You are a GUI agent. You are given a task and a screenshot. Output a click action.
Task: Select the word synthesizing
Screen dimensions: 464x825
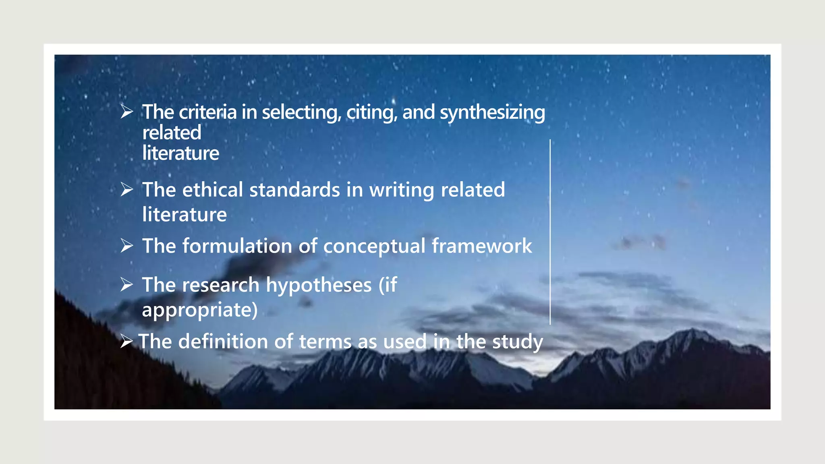[492, 113]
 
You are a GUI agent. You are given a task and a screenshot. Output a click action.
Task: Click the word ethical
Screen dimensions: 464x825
[212, 190]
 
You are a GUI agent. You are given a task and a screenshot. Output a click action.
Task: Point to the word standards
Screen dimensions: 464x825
[294, 190]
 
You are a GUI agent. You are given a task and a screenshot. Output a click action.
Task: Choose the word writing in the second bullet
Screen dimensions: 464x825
[402, 191]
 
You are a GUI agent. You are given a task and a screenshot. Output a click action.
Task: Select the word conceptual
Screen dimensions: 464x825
[374, 246]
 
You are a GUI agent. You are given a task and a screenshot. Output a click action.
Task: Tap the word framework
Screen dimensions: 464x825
[482, 246]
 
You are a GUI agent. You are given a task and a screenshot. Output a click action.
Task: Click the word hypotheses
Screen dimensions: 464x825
[319, 286]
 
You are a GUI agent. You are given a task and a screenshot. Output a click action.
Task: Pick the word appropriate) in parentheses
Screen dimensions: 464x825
[200, 310]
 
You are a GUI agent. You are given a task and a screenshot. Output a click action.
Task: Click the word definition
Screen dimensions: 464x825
[223, 342]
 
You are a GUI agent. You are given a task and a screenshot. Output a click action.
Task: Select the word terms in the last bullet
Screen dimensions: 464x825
[325, 342]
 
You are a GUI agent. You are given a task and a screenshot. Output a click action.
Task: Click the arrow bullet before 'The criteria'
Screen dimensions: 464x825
[126, 112]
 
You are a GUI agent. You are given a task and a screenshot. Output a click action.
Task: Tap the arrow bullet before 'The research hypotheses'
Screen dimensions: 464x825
[126, 285]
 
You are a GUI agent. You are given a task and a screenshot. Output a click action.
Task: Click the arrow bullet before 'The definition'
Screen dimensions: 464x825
[126, 342]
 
